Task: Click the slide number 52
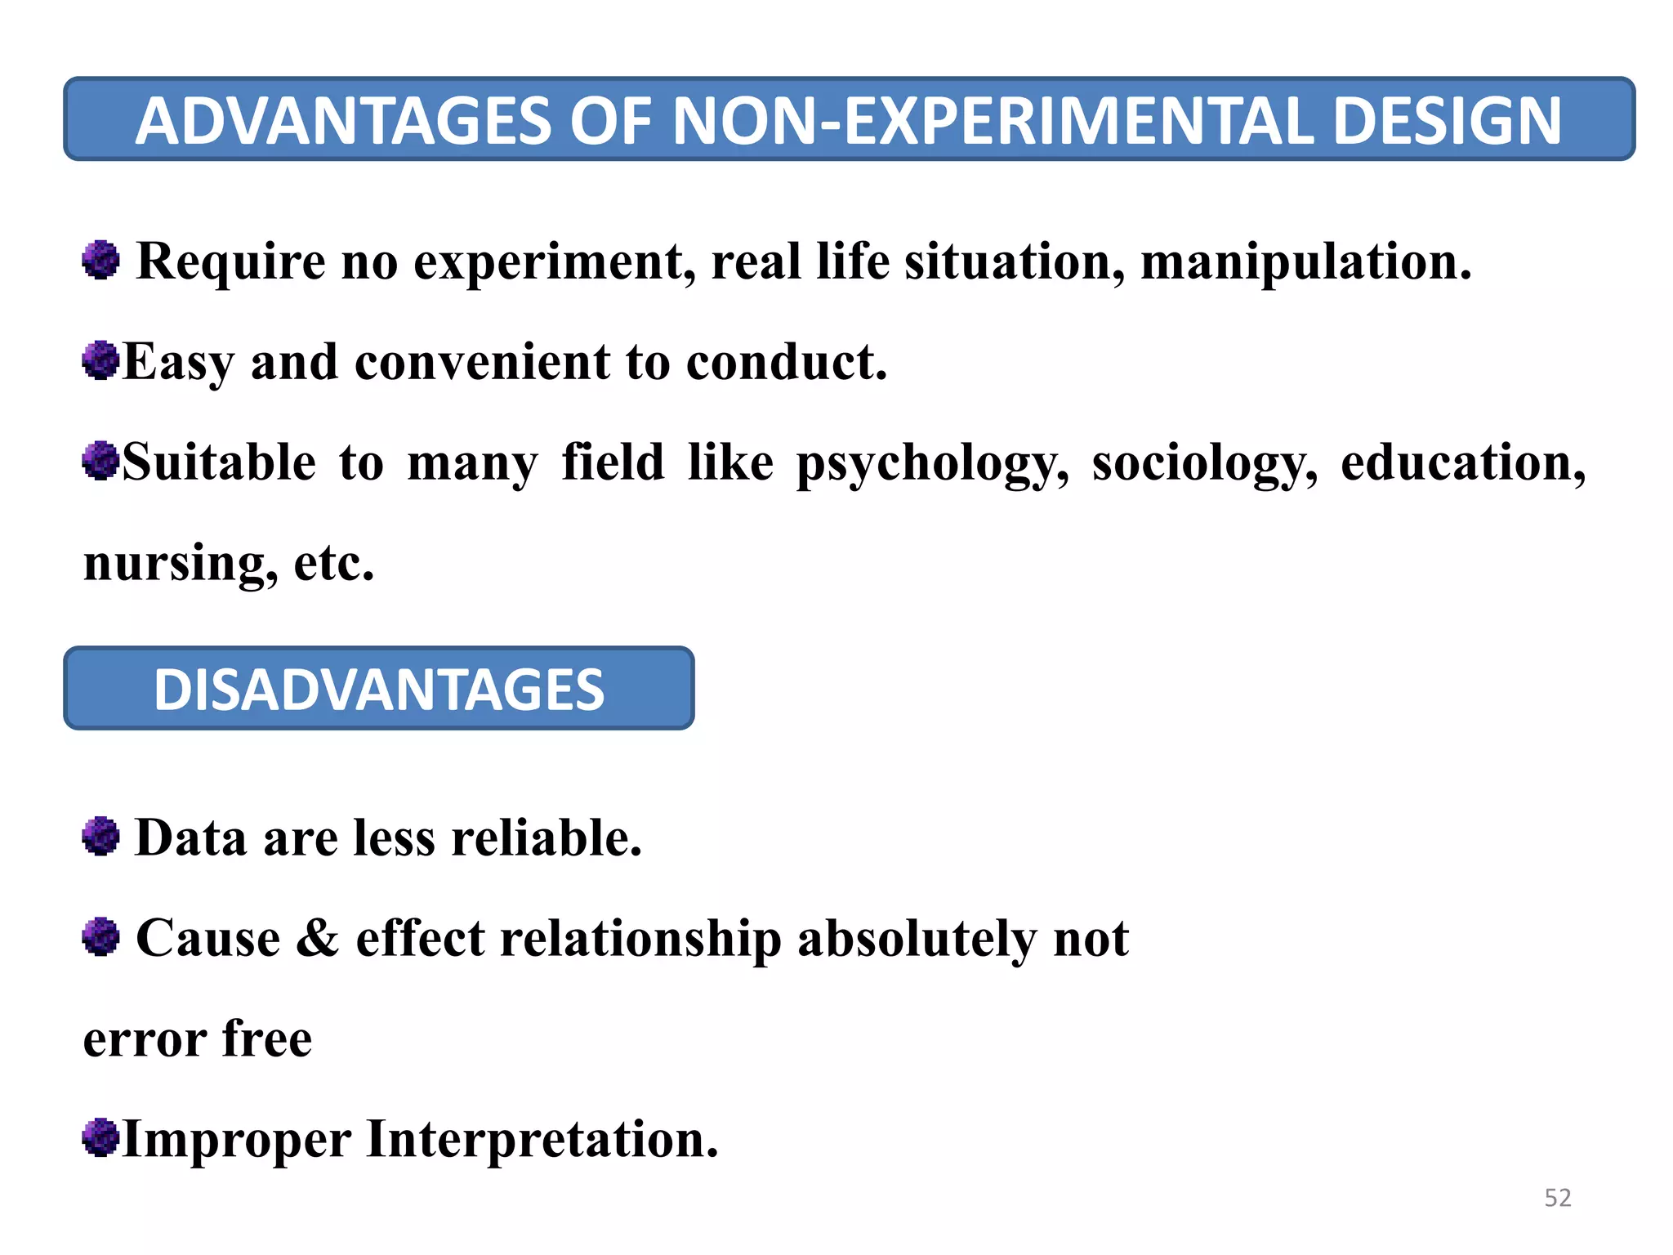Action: pyautogui.click(x=1557, y=1198)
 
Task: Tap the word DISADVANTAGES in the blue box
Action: pyautogui.click(x=379, y=690)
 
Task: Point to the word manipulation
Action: pyautogui.click(x=1305, y=262)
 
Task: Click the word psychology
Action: pyautogui.click(x=932, y=463)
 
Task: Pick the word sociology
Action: pyautogui.click(x=1205, y=463)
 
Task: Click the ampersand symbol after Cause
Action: pyautogui.click(x=318, y=938)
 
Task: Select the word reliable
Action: pyautogui.click(x=547, y=838)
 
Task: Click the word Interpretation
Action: pyautogui.click(x=542, y=1139)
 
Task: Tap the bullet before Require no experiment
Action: pyautogui.click(x=101, y=261)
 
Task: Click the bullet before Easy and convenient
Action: pyautogui.click(x=101, y=360)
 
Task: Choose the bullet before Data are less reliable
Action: pyautogui.click(x=101, y=837)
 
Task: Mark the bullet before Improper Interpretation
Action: pyautogui.click(x=101, y=1137)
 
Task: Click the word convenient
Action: pyautogui.click(x=482, y=362)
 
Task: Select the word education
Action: pyautogui.click(x=1463, y=463)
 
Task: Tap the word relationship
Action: pyautogui.click(x=641, y=939)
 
